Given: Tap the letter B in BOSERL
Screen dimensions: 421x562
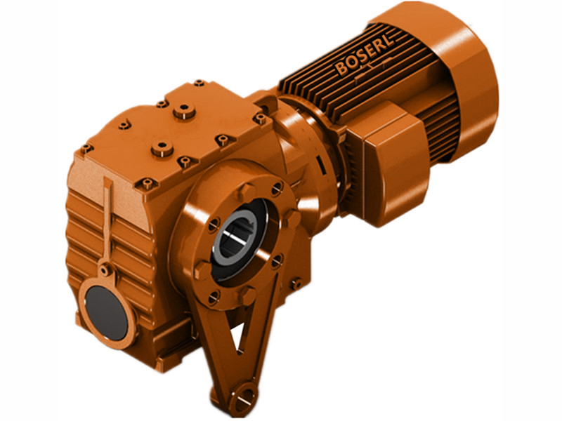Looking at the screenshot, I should (342, 71).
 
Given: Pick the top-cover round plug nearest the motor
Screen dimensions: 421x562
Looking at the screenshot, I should (185, 110).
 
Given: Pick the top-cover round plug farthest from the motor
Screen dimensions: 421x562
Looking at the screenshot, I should (162, 148).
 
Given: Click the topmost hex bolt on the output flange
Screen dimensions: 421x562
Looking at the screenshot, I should (245, 190).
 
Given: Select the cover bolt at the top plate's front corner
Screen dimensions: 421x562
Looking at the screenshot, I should (148, 185).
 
